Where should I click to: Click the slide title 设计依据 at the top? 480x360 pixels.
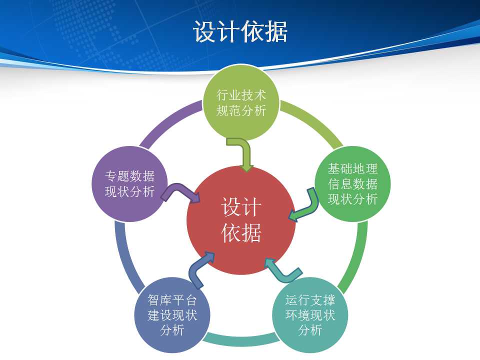(240, 31)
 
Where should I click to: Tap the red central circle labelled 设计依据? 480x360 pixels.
(241, 220)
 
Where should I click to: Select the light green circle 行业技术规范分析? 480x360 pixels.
(241, 102)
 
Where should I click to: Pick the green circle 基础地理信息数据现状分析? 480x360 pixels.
(352, 183)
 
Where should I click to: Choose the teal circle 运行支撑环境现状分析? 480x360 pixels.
(310, 315)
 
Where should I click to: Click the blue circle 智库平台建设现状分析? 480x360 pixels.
(172, 315)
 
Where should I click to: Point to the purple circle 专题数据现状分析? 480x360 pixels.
(130, 183)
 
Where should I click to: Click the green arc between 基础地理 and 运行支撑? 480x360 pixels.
(358, 257)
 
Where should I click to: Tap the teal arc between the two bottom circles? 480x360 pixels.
(241, 340)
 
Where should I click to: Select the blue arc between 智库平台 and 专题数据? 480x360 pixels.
(124, 257)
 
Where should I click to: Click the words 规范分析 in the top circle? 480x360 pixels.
(241, 110)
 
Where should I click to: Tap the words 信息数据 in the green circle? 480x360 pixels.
(352, 184)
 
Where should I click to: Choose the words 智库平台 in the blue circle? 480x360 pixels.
(172, 300)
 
